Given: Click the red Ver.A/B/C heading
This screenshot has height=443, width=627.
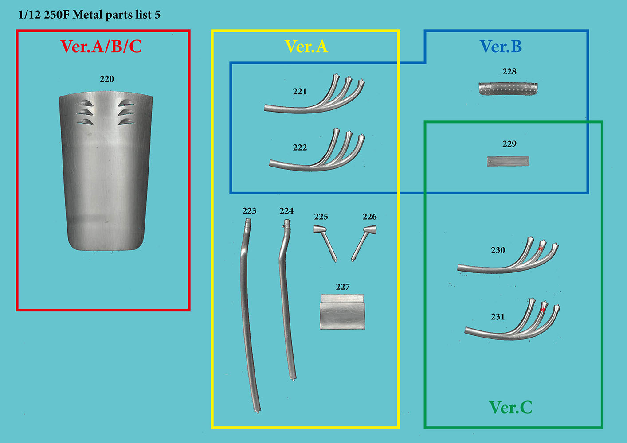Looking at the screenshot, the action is [x=101, y=47].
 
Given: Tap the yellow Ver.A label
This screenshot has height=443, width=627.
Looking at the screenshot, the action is [x=306, y=47].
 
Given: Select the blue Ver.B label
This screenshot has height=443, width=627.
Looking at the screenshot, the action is [x=501, y=47].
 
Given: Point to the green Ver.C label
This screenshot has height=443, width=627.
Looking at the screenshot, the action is [x=511, y=408].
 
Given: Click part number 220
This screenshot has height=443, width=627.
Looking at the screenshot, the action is [x=107, y=79].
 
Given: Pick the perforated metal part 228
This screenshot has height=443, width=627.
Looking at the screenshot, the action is [x=508, y=89].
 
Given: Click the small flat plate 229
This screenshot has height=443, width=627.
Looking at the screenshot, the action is [x=508, y=161].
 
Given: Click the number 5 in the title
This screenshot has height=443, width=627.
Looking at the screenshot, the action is [x=157, y=15].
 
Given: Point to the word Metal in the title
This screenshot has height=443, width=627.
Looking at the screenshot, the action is [x=88, y=15].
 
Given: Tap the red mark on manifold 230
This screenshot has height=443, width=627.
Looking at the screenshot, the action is [x=541, y=249].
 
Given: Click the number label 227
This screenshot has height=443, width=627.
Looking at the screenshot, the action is [x=343, y=287].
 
